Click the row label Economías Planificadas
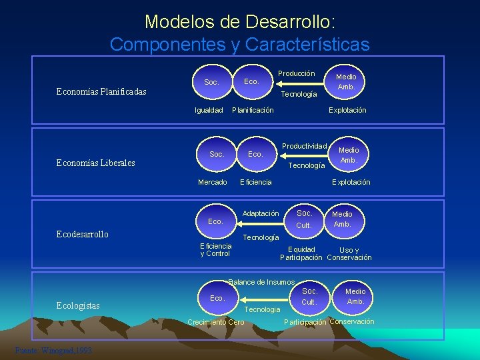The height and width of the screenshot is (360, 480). tap(101, 91)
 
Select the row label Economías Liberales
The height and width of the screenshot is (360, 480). tap(95, 163)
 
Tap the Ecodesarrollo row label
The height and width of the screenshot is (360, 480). tap(81, 235)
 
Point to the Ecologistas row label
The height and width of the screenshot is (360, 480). tap(78, 306)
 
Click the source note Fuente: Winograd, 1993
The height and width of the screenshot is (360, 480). tap(53, 351)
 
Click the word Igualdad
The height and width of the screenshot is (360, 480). tap(209, 110)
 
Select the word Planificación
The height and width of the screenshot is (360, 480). tap(253, 110)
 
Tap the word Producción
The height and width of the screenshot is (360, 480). tap(297, 73)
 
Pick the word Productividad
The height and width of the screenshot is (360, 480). tap(304, 146)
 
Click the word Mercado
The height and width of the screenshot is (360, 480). tap(213, 182)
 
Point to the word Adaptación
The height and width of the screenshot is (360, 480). tap(261, 213)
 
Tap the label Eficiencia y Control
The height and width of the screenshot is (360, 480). tap(215, 250)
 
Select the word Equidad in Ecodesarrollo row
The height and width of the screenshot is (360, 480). tap(301, 250)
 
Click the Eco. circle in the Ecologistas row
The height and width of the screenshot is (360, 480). tap(217, 298)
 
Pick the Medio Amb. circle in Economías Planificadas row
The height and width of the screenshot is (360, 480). tap(346, 82)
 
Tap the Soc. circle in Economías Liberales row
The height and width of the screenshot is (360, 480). tap(217, 154)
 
